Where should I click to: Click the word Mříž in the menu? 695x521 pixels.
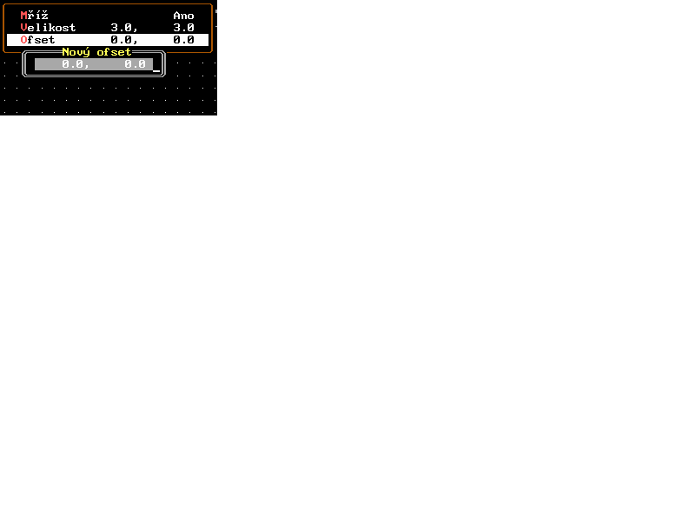tap(35, 16)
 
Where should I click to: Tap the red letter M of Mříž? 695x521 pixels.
tap(24, 16)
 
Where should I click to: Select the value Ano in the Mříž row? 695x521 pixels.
tap(183, 16)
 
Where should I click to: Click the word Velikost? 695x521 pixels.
tap(49, 28)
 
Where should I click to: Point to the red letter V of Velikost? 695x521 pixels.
tap(24, 28)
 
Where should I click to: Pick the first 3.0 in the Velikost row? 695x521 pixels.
tap(121, 28)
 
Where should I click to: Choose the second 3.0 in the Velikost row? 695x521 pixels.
tap(183, 28)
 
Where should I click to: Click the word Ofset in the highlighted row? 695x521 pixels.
tap(38, 40)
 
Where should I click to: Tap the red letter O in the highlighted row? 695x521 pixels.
tap(24, 40)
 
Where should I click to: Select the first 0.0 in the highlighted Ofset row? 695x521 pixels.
tap(121, 40)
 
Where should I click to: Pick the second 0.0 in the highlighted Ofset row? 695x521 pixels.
tap(183, 40)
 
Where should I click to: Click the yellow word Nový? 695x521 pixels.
tap(76, 52)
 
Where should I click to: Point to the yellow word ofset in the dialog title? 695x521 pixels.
tap(114, 52)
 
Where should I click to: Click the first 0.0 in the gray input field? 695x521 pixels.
tap(72, 64)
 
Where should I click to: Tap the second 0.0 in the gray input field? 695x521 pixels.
tap(135, 64)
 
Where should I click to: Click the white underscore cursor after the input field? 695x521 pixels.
tap(156, 69)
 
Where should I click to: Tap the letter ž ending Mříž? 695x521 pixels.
tap(45, 16)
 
